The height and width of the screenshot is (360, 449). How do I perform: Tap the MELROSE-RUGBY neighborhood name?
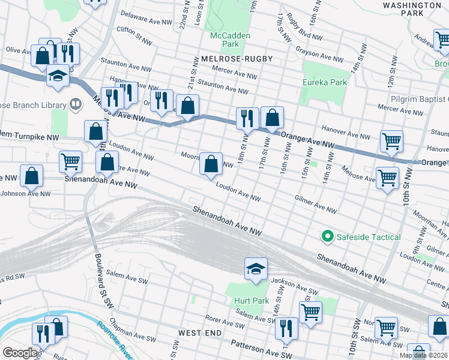click(x=233, y=59)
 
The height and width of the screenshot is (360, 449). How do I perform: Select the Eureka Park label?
click(x=325, y=82)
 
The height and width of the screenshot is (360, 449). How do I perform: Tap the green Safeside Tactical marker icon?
click(x=328, y=237)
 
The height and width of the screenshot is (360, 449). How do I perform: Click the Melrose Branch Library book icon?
click(x=76, y=104)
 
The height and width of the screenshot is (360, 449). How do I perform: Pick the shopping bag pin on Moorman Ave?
click(x=211, y=163)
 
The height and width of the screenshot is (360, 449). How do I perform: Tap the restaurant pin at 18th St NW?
click(x=247, y=118)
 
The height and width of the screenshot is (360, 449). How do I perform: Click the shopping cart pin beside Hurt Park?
click(x=310, y=311)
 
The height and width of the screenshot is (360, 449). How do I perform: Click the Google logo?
click(x=20, y=353)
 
